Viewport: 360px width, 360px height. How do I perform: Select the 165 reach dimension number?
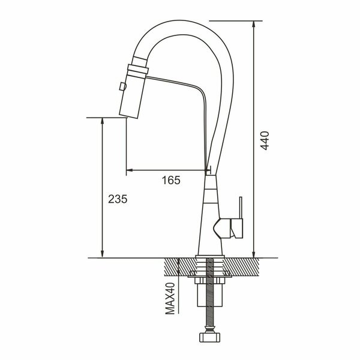[172, 180]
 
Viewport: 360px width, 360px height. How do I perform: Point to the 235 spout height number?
[118, 199]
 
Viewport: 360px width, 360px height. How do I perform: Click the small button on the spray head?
[122, 87]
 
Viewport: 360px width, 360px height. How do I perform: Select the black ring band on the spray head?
[137, 67]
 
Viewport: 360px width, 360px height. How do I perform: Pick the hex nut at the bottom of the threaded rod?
[210, 335]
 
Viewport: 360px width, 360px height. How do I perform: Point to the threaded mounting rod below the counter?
[210, 300]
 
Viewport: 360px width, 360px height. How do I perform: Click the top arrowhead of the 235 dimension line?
[103, 121]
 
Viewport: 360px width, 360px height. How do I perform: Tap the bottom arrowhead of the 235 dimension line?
[103, 254]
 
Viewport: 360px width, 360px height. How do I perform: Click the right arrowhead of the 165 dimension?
[206, 170]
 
